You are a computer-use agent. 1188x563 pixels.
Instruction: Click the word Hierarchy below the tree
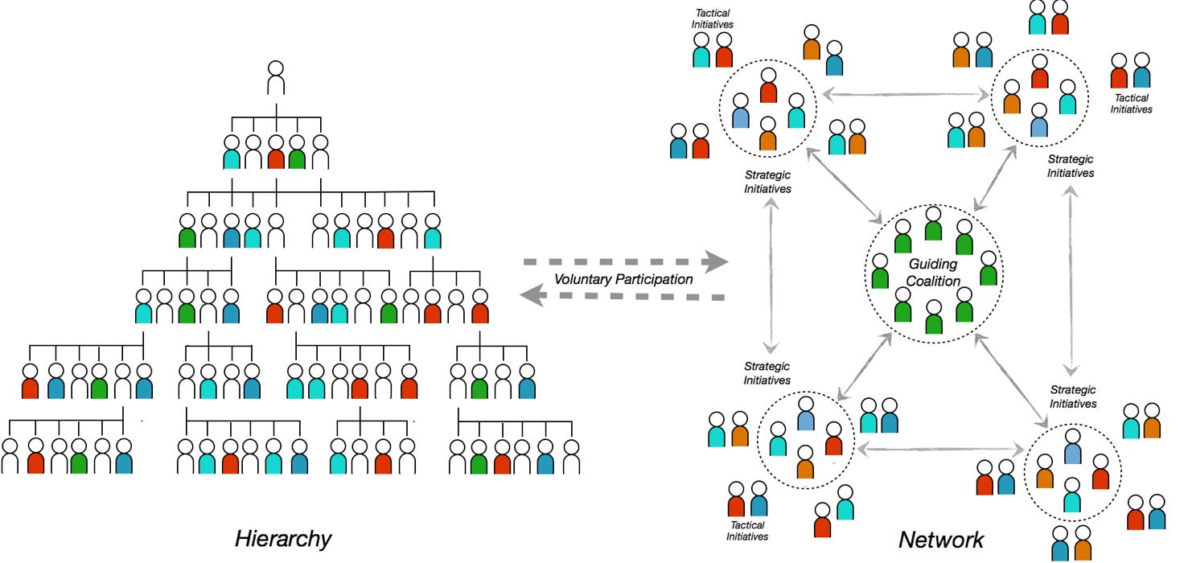click(x=283, y=538)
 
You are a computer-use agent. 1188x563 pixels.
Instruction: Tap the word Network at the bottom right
click(x=941, y=539)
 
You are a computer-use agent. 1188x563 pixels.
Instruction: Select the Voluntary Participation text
click(x=623, y=280)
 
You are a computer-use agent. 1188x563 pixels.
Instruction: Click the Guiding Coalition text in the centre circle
click(x=934, y=273)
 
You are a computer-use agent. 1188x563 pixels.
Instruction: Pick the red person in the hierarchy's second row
click(x=276, y=153)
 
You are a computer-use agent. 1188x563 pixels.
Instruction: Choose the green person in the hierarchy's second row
click(x=297, y=153)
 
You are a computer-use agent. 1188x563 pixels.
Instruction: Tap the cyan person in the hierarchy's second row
click(x=232, y=153)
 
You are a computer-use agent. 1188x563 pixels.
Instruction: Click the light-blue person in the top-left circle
click(x=742, y=113)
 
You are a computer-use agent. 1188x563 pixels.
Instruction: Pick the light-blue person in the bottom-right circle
click(x=1072, y=447)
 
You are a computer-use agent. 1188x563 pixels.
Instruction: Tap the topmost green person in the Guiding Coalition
click(x=933, y=224)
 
